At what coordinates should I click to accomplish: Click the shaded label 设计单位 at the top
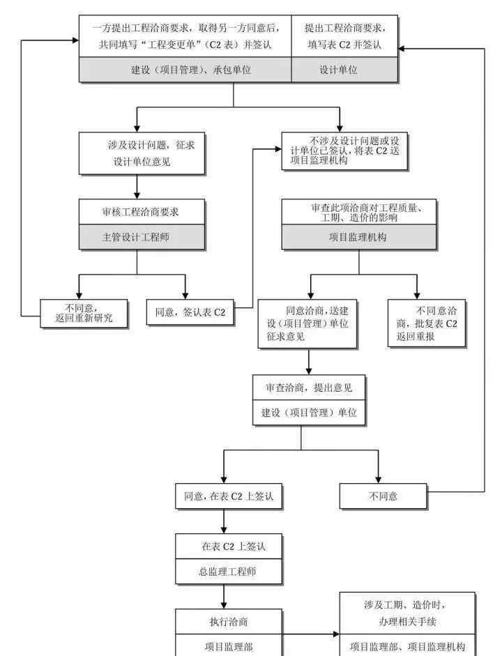[x=339, y=70]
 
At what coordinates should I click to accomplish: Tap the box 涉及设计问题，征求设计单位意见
[x=142, y=153]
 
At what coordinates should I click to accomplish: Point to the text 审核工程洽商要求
[x=142, y=210]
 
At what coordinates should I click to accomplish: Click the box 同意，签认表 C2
[x=190, y=312]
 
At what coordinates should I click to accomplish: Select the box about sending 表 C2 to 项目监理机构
[x=344, y=151]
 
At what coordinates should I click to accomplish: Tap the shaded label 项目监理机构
[x=358, y=237]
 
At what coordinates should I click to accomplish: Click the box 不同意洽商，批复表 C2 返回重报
[x=427, y=323]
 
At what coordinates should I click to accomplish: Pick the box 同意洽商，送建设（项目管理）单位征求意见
[x=308, y=323]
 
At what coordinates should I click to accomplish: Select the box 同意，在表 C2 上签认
[x=229, y=496]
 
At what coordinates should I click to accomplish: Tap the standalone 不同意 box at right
[x=383, y=496]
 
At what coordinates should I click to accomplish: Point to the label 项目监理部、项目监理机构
[x=407, y=646]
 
